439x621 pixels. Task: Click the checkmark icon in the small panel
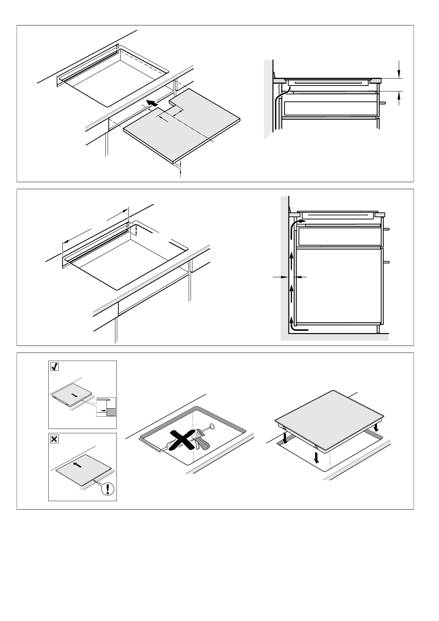[x=54, y=367]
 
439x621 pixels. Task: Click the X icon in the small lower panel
[x=54, y=439]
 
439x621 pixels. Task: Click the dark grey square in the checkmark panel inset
[x=111, y=412]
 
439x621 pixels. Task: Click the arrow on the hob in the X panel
[x=77, y=465]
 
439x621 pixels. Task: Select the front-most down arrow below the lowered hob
[x=316, y=457]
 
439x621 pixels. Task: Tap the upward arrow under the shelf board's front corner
[x=181, y=173]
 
